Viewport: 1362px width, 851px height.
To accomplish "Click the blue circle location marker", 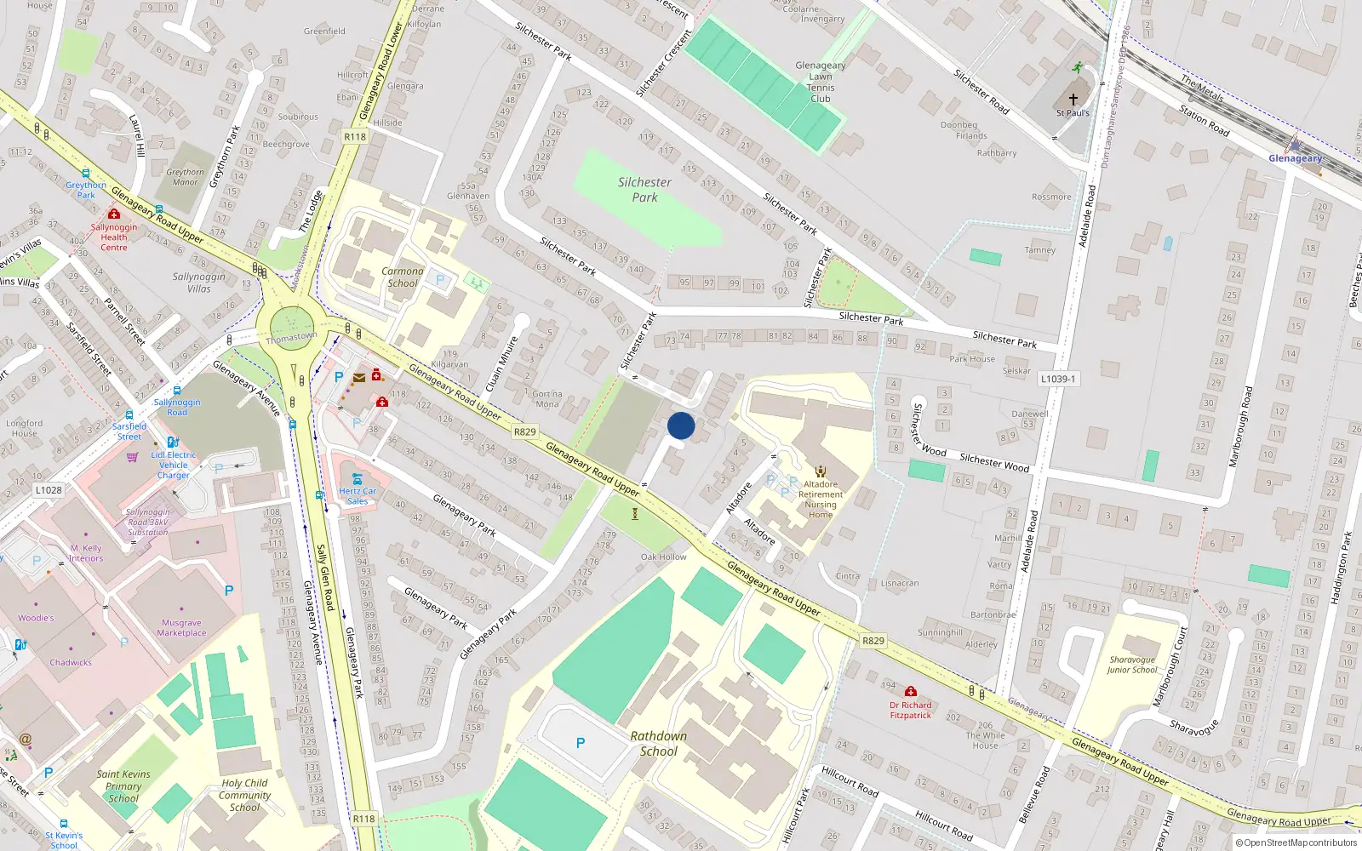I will pos(681,425).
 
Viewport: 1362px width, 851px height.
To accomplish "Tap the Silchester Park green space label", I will pos(644,190).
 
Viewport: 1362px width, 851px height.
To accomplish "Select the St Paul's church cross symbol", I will pos(1073,100).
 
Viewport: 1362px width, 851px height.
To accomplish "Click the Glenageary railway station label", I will pos(1295,158).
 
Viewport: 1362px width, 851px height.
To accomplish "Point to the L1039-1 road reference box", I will pos(1057,379).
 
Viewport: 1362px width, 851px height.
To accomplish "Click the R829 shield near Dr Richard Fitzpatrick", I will pos(873,641).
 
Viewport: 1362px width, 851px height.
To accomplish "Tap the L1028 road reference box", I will pos(49,490).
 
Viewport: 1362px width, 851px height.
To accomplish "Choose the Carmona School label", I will pos(403,277).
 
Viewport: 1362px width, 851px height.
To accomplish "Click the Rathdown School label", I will pos(658,743).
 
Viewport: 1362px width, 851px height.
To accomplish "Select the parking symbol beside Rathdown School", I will pos(581,743).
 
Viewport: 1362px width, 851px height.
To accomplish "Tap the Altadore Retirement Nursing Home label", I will pos(821,499).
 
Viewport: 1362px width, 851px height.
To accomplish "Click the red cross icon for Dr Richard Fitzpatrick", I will pos(911,692).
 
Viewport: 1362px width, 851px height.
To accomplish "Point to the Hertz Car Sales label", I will pos(358,496).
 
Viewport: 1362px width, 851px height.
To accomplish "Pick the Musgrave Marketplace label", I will pos(181,628).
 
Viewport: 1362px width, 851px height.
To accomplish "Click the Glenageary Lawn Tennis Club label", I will pos(820,82).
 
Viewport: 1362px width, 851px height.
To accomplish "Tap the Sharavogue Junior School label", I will pos(1131,665).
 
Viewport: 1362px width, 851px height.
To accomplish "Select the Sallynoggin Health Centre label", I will pos(114,237).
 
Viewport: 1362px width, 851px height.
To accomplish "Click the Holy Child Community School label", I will pos(244,795).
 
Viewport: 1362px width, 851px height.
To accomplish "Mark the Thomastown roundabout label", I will pos(291,337).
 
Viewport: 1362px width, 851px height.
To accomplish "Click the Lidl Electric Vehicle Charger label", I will pos(174,465).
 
